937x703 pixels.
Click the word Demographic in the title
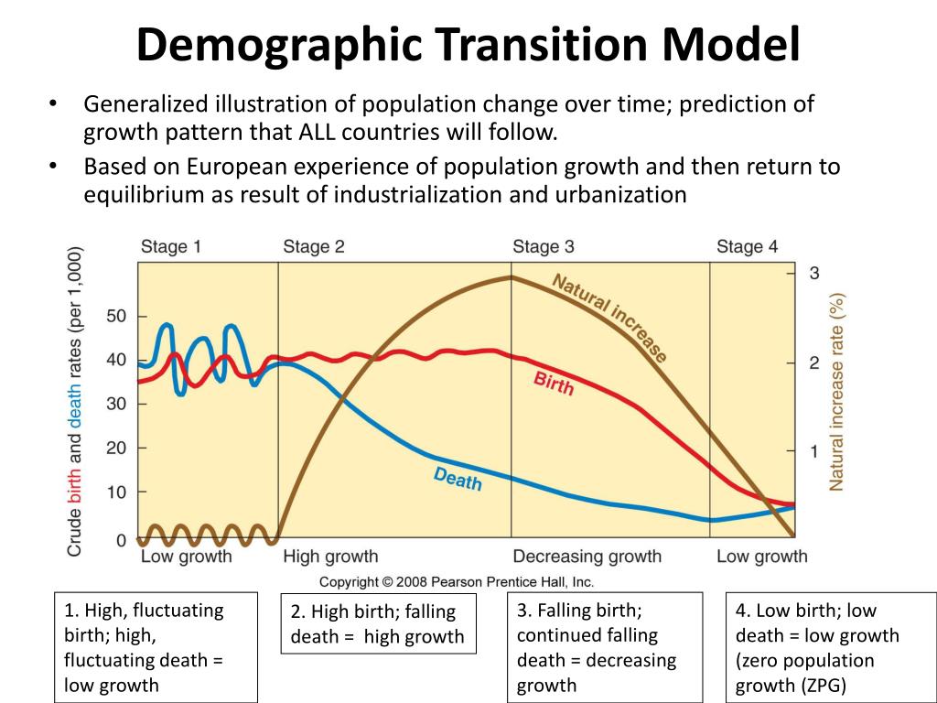[x=279, y=46]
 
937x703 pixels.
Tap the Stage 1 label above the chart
[x=171, y=247]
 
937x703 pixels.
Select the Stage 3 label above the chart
[x=544, y=247]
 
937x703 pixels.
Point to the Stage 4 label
[x=747, y=247]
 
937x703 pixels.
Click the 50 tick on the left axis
[x=116, y=316]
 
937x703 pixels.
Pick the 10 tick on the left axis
[x=116, y=492]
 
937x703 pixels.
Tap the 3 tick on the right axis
[x=813, y=273]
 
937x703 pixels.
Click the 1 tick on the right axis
[x=813, y=450]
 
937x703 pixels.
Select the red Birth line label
[x=554, y=384]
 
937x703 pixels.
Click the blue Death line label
[x=458, y=479]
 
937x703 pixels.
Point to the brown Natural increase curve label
[x=609, y=318]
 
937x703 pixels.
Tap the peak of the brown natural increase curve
[x=511, y=276]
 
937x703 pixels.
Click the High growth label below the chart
[x=330, y=557]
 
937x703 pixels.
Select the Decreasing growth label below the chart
[x=587, y=557]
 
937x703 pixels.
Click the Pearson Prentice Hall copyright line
[x=456, y=581]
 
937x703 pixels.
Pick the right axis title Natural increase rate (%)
[x=836, y=392]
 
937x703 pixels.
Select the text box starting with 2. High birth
[x=378, y=623]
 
